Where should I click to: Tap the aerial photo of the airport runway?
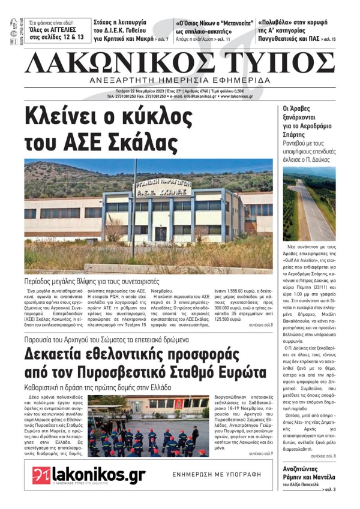[x=308, y=204]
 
